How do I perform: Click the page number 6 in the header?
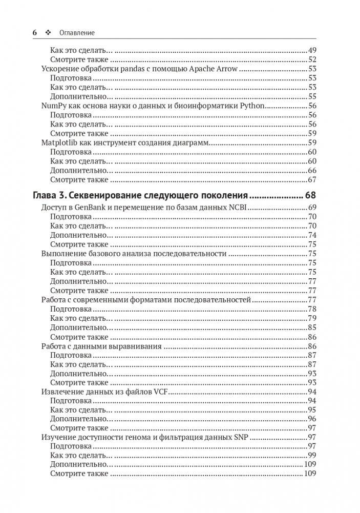click(35, 32)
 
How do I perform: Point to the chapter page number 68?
click(310, 195)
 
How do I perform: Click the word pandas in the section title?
click(126, 69)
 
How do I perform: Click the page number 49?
click(312, 50)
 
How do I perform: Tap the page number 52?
click(312, 59)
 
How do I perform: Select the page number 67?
click(312, 180)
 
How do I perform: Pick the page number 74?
click(312, 235)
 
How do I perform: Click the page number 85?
click(312, 327)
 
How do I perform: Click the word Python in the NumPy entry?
click(252, 106)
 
